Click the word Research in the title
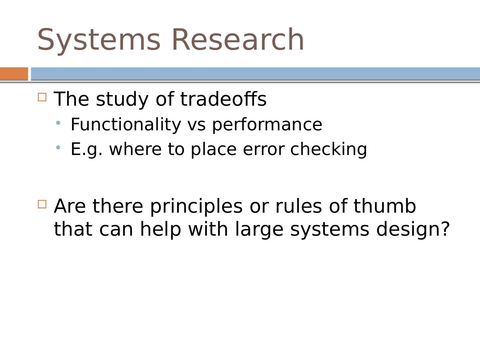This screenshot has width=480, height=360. pyautogui.click(x=238, y=39)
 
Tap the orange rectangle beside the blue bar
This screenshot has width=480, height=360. pyautogui.click(x=14, y=73)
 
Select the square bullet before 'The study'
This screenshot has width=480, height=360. pyautogui.click(x=42, y=97)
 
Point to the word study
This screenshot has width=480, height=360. pyautogui.click(x=122, y=100)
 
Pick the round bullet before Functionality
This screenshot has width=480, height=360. pyautogui.click(x=58, y=123)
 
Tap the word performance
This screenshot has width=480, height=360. pyautogui.click(x=267, y=125)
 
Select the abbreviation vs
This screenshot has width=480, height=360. pyautogui.click(x=197, y=126)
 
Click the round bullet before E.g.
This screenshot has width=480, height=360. pyautogui.click(x=58, y=148)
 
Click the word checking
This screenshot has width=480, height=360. pyautogui.click(x=329, y=150)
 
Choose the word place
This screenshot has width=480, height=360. pyautogui.click(x=214, y=150)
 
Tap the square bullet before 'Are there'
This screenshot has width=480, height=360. pyautogui.click(x=42, y=204)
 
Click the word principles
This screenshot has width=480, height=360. pyautogui.click(x=196, y=207)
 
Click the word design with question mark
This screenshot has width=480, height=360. pyautogui.click(x=413, y=230)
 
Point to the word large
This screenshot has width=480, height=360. pyautogui.click(x=259, y=230)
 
